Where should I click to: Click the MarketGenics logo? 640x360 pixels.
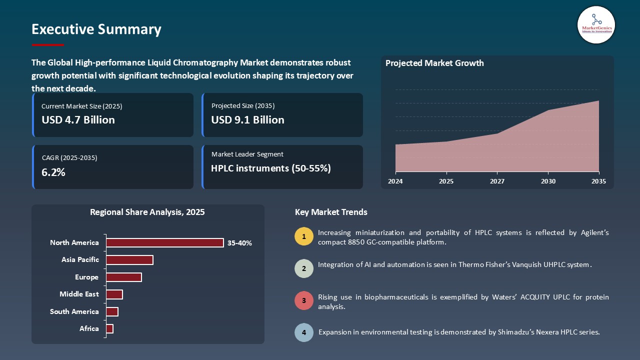[x=596, y=24]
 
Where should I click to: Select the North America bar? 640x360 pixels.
[x=164, y=242]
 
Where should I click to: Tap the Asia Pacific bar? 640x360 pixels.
[x=129, y=260]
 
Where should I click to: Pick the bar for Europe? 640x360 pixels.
[x=124, y=277]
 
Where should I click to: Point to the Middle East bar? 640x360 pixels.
[x=114, y=294]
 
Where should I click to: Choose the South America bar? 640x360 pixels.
[x=112, y=311]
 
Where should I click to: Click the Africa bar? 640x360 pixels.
[x=109, y=328]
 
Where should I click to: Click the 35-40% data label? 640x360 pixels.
[x=239, y=243]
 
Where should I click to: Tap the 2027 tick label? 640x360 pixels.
[x=497, y=181]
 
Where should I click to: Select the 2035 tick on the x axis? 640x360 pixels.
[x=598, y=181]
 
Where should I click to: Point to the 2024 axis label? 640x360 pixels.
[x=395, y=181]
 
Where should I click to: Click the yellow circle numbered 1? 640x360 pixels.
[x=304, y=236]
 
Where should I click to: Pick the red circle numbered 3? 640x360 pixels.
[x=304, y=301]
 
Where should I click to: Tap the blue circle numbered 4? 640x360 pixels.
[x=304, y=332]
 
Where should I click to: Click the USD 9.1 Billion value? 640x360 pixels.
[x=247, y=120]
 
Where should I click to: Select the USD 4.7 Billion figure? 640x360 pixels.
[x=78, y=120]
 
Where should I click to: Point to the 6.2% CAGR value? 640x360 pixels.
[x=53, y=172]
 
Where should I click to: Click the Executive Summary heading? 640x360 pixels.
[x=96, y=29]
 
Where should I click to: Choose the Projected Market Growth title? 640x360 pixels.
[x=434, y=63]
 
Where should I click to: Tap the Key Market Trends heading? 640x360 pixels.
[x=331, y=212]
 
